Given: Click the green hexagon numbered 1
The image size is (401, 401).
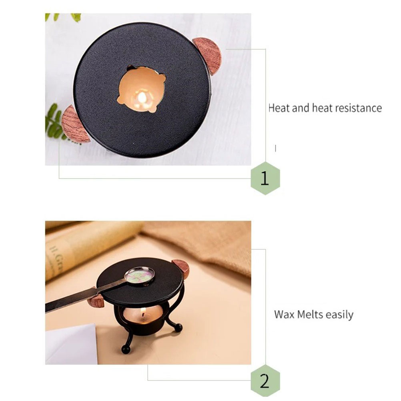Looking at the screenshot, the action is pyautogui.click(x=265, y=178).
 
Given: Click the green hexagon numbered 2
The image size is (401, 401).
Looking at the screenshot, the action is pyautogui.click(x=265, y=381).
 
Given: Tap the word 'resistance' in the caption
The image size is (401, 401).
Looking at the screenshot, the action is pyautogui.click(x=359, y=108).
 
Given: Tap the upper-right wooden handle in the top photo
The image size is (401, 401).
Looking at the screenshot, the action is pyautogui.click(x=208, y=56).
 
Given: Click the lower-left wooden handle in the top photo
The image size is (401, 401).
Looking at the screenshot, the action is pyautogui.click(x=74, y=124).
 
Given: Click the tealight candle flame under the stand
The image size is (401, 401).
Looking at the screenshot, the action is pyautogui.click(x=143, y=311).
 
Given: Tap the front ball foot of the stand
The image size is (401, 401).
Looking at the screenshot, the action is pyautogui.click(x=126, y=349).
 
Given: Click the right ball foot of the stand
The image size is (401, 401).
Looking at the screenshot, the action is pyautogui.click(x=178, y=327).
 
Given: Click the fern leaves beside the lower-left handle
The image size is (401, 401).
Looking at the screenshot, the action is pyautogui.click(x=54, y=122).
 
